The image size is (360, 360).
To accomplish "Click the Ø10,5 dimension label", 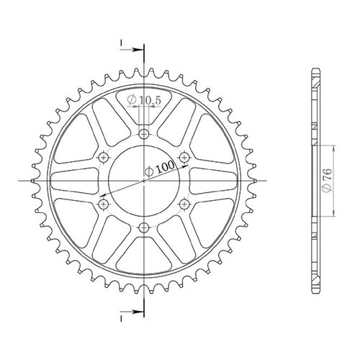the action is click(143, 100).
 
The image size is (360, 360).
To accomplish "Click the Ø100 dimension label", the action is click(159, 168).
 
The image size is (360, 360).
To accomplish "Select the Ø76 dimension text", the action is click(328, 181).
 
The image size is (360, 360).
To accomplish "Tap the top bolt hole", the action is click(144, 133).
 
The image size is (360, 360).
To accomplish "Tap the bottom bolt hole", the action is click(144, 227).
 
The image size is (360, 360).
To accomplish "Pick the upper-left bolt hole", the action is click(104, 158).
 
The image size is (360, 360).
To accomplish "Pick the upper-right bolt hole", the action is click(184, 157).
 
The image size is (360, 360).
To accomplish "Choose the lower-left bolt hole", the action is click(104, 204).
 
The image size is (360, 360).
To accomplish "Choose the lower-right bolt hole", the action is click(184, 204).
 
